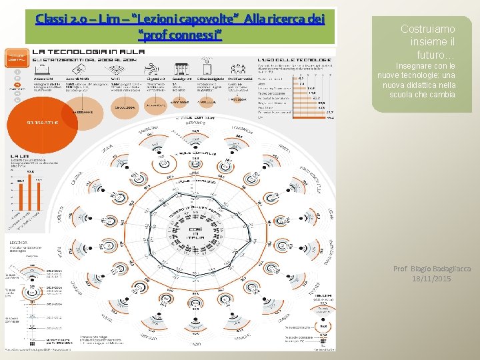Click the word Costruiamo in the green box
coord(427,29)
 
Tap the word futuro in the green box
coord(433,55)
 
